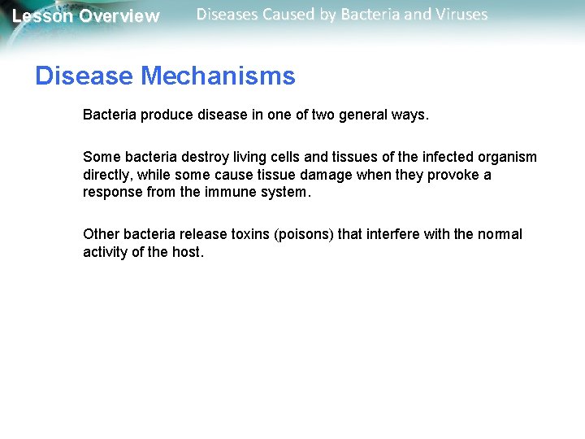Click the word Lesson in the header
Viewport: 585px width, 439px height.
pyautogui.click(x=42, y=16)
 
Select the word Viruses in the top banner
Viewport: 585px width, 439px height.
pyautogui.click(x=461, y=15)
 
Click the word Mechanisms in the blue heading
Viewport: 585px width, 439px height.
pyautogui.click(x=218, y=76)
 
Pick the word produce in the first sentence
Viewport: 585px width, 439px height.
pyautogui.click(x=167, y=115)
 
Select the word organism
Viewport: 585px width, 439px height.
pyautogui.click(x=508, y=157)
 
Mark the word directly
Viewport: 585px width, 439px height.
pyautogui.click(x=108, y=175)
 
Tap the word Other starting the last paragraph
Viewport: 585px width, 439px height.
pyautogui.click(x=101, y=234)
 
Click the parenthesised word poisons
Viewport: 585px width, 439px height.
pyautogui.click(x=304, y=234)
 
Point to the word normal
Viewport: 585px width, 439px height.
pyautogui.click(x=500, y=234)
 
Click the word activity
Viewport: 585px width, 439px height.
pyautogui.click(x=106, y=252)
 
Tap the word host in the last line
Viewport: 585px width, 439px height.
pyautogui.click(x=188, y=252)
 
